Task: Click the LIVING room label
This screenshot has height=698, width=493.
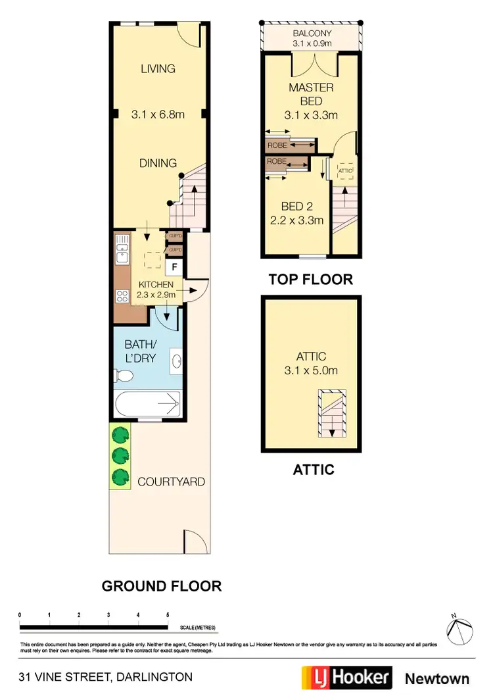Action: [x=158, y=68]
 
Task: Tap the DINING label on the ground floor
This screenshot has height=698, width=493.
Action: [x=158, y=163]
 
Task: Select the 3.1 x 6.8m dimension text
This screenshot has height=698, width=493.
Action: [x=158, y=114]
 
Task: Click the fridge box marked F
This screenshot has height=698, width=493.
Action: [x=174, y=267]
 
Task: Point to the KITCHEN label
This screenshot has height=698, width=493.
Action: [x=156, y=284]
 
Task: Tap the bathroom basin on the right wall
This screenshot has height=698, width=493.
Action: [x=177, y=361]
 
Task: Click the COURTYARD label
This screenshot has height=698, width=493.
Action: [x=171, y=482]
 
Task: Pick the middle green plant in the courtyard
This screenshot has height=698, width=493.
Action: [x=119, y=455]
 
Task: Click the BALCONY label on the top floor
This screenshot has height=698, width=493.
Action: [x=312, y=33]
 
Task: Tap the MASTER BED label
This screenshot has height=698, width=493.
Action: [x=311, y=94]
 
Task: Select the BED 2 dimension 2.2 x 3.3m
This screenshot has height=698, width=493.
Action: [x=297, y=220]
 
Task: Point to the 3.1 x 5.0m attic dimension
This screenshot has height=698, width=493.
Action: [x=311, y=370]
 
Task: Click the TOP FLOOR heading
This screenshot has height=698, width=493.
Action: [x=310, y=279]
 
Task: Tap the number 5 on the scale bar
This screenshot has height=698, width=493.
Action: [x=168, y=614]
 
